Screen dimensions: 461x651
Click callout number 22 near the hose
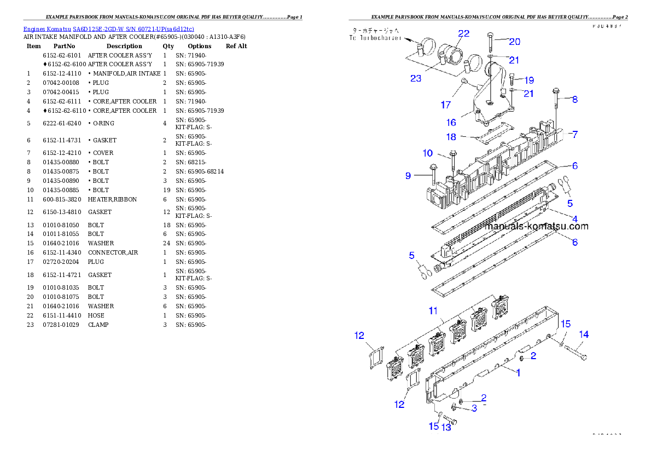coord(464,34)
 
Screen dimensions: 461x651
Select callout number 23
coord(416,78)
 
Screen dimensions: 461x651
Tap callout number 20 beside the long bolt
coord(515,42)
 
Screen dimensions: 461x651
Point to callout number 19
coord(528,80)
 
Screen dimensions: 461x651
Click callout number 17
coord(446,104)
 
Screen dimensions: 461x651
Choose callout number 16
coord(451,122)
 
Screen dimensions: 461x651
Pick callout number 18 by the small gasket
coord(451,136)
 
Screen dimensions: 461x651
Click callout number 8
coord(574,100)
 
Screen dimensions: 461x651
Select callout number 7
coord(575,134)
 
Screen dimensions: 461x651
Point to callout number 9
coord(408,176)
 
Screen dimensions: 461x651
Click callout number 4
coord(575,219)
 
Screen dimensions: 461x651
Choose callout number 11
coord(433,311)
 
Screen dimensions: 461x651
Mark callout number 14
coord(584,334)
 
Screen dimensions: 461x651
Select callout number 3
coord(474,408)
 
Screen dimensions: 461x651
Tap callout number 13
coord(446,427)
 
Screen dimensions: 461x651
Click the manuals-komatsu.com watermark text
coord(536,226)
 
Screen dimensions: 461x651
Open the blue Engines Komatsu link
coord(108,29)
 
